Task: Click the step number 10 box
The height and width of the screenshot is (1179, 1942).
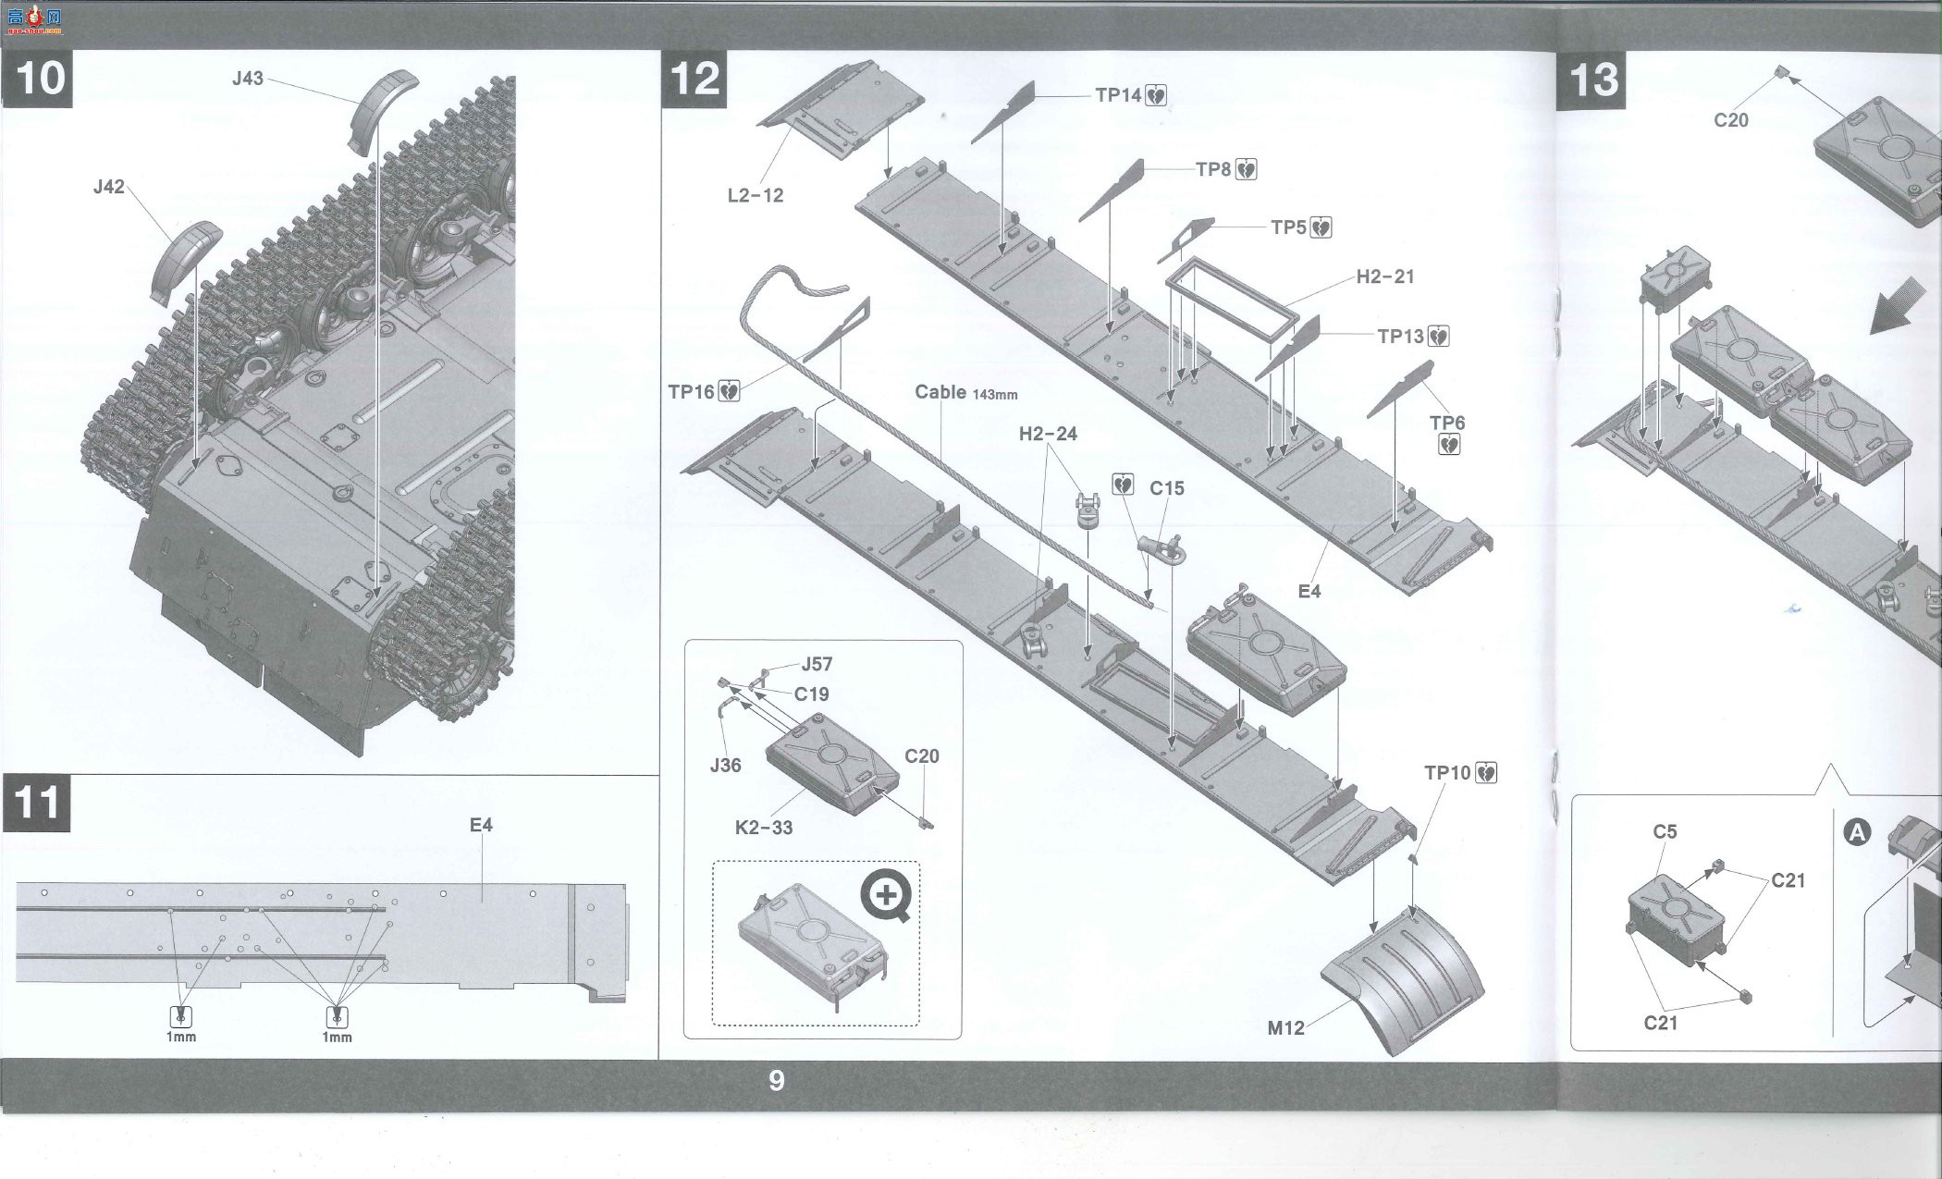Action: (38, 78)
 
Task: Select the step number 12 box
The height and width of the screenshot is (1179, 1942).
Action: (695, 79)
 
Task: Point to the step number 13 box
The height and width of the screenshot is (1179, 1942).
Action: (1592, 80)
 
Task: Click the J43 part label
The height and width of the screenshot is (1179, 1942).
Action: (248, 79)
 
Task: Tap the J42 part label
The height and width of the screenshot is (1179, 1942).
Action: (108, 187)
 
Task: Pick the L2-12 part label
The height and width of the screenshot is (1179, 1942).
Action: (756, 195)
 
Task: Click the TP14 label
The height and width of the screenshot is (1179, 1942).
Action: (1118, 94)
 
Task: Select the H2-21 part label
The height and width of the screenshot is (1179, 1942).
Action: (1385, 276)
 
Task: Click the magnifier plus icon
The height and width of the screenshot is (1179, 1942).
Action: (887, 895)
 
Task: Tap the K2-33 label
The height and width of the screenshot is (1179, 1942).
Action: (764, 828)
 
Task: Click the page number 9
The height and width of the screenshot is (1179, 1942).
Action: (777, 1080)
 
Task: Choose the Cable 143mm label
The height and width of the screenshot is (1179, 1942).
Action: (966, 392)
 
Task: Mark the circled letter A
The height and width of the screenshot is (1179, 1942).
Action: (1857, 833)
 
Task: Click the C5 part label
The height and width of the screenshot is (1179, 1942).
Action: (1665, 831)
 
